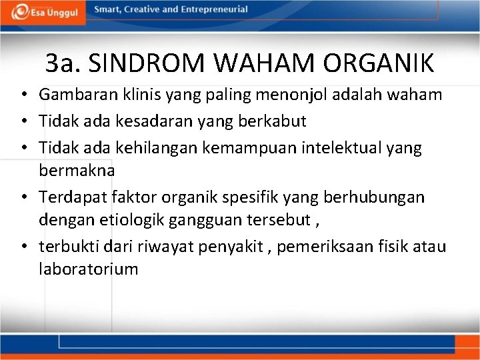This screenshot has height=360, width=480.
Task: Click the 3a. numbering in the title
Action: click(63, 64)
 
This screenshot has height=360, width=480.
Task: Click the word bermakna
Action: click(77, 170)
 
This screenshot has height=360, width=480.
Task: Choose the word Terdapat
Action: click(69, 197)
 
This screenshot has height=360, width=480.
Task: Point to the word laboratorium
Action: click(89, 269)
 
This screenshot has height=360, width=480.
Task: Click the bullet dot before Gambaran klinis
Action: click(23, 95)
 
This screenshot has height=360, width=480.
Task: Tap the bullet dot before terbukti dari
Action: click(23, 247)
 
